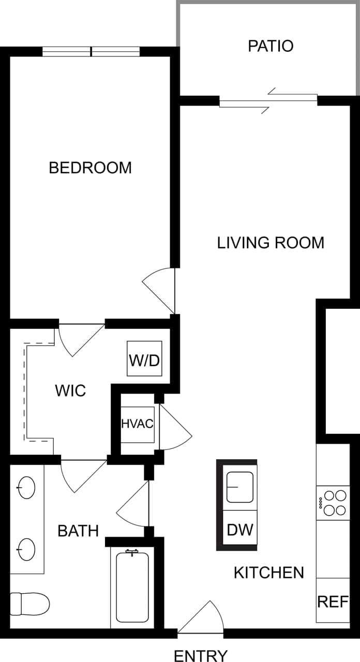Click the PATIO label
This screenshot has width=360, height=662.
click(x=271, y=46)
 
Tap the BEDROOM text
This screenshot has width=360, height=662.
click(x=90, y=168)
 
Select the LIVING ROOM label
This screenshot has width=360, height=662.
click(x=271, y=243)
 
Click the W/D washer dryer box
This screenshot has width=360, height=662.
click(x=145, y=358)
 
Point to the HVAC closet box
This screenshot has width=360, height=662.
click(x=137, y=424)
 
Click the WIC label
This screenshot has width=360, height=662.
click(x=70, y=390)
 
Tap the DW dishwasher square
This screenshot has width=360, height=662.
click(x=240, y=529)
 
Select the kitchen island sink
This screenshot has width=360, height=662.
click(x=240, y=487)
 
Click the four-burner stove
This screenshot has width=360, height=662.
click(x=334, y=502)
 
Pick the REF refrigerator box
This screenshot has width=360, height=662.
click(x=333, y=601)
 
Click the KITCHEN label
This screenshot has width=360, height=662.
click(x=269, y=573)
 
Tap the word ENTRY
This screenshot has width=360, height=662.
click(x=200, y=656)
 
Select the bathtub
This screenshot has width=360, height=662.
click(x=132, y=587)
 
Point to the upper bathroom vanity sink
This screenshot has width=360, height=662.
click(x=26, y=487)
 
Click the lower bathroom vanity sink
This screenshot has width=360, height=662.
click(x=26, y=548)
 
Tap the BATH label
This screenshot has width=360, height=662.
click(x=78, y=531)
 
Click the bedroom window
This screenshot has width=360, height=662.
click(x=91, y=52)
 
